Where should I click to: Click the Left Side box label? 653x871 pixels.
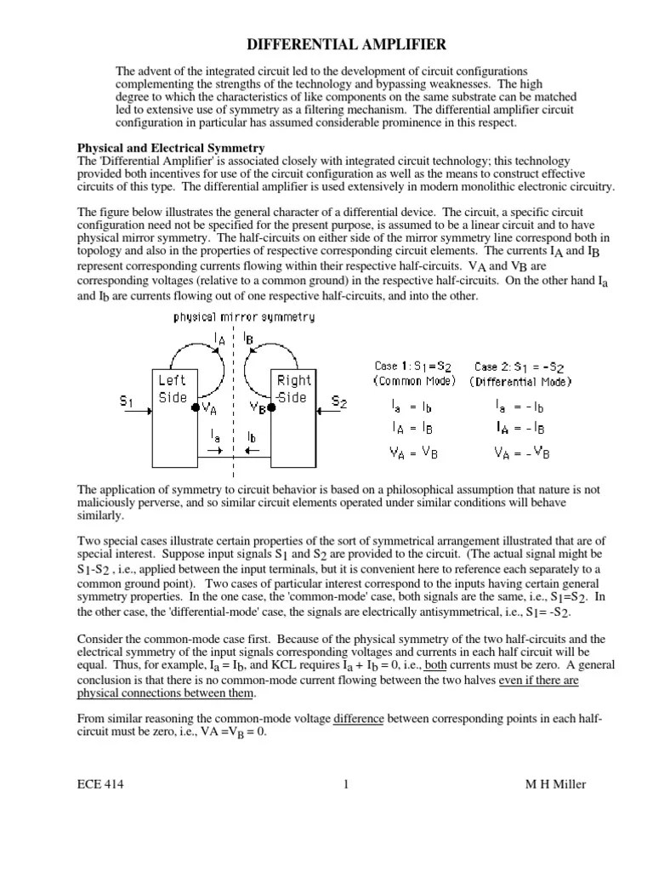coord(173,390)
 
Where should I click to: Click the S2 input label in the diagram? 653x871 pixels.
coord(339,401)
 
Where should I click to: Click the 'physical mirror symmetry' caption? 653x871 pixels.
coord(244,317)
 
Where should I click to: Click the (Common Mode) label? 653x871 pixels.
coord(415,381)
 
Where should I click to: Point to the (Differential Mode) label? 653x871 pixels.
coord(520,381)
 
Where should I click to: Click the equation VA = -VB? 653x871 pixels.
coord(522,453)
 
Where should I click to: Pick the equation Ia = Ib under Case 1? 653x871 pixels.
coord(415,407)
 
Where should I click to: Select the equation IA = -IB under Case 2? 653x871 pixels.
coord(520,429)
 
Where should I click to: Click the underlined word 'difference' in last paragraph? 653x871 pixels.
coord(360,719)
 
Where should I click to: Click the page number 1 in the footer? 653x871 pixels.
coord(346,785)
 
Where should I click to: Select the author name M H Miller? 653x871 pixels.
coord(555,785)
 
